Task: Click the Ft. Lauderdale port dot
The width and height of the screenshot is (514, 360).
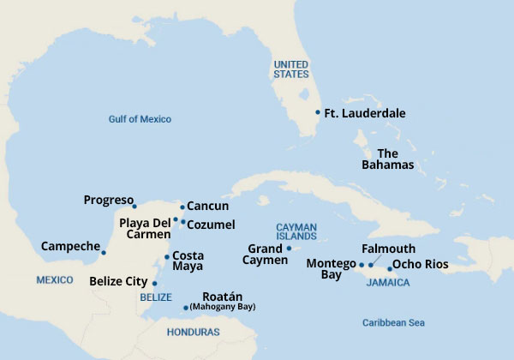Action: (318, 112)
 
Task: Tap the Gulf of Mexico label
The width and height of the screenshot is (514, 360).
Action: (140, 119)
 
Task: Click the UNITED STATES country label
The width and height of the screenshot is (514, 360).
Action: (290, 69)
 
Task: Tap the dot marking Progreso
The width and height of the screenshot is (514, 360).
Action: (134, 206)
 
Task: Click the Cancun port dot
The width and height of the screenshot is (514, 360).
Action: (182, 207)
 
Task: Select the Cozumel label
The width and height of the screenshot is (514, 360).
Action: (212, 224)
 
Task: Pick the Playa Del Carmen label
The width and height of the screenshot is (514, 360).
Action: (146, 228)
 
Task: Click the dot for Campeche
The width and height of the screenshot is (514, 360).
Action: (104, 252)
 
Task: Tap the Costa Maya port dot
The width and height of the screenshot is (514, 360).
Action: (166, 257)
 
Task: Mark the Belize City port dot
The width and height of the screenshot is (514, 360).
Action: (154, 282)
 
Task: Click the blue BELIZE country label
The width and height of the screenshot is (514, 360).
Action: (155, 297)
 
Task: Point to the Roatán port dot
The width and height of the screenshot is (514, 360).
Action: (186, 308)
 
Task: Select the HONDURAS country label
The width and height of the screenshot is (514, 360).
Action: (192, 332)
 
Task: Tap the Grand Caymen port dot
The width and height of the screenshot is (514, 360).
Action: (289, 249)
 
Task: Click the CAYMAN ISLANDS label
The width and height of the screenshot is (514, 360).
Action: (296, 232)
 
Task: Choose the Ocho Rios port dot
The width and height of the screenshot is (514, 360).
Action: (390, 268)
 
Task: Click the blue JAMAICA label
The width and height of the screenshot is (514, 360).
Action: (387, 282)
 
